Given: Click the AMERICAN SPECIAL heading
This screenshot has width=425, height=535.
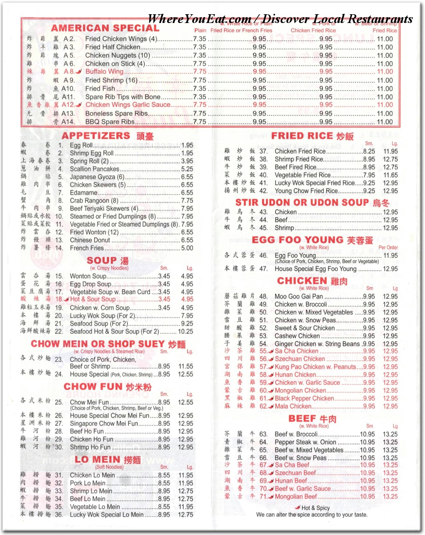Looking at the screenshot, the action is pyautogui.click(x=105, y=28).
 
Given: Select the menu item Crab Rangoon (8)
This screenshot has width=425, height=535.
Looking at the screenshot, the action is pyautogui.click(x=94, y=201).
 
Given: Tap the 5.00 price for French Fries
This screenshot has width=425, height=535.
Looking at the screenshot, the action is pyautogui.click(x=187, y=248).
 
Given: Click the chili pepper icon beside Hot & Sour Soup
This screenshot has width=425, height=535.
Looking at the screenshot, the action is pyautogui.click(x=67, y=299).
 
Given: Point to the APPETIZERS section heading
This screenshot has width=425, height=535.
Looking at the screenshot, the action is pyautogui.click(x=96, y=136).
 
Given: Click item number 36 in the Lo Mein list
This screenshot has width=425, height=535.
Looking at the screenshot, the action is pyautogui.click(x=59, y=515).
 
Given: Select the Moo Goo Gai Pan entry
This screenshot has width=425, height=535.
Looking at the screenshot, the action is pyautogui.click(x=299, y=297).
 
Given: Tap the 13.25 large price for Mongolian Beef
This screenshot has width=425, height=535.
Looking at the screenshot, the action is pyautogui.click(x=390, y=497).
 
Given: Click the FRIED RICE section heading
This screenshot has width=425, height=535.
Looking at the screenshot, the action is pyautogui.click(x=302, y=136).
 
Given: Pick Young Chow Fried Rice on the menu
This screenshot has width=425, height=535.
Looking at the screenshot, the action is pyautogui.click(x=306, y=191).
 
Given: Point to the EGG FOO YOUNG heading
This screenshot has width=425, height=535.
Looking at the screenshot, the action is pyautogui.click(x=297, y=240).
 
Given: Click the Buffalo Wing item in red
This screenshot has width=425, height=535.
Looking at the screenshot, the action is pyautogui.click(x=104, y=72).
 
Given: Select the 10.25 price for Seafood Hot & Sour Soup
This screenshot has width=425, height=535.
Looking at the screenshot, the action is pyautogui.click(x=185, y=331).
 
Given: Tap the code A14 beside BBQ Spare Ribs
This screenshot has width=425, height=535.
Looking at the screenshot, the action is pyautogui.click(x=68, y=122).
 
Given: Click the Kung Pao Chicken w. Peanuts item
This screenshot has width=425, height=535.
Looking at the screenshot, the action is pyautogui.click(x=315, y=367).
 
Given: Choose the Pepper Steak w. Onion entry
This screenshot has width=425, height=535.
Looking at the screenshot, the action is pyautogui.click(x=305, y=442).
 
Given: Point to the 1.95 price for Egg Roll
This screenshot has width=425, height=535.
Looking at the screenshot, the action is pyautogui.click(x=187, y=145).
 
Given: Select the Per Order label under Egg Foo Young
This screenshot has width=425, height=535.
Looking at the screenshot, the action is pyautogui.click(x=388, y=247).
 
